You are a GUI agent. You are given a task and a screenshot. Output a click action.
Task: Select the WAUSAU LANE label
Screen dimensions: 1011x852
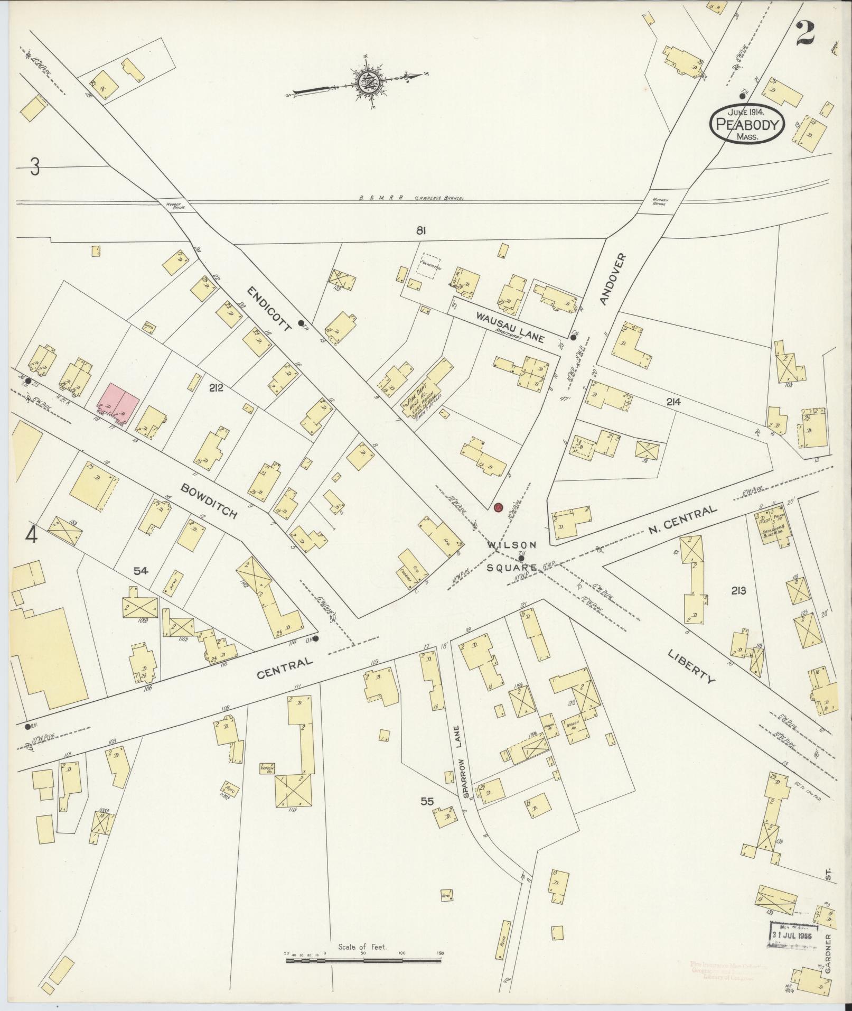click(509, 327)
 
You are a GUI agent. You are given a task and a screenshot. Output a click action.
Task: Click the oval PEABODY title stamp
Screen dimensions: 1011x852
click(747, 123)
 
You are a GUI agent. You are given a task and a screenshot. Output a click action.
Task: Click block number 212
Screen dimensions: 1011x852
click(216, 388)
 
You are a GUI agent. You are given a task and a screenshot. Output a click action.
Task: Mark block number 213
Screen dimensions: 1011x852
click(738, 590)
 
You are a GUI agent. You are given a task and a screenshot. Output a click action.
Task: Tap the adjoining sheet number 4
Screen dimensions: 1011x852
click(32, 536)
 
